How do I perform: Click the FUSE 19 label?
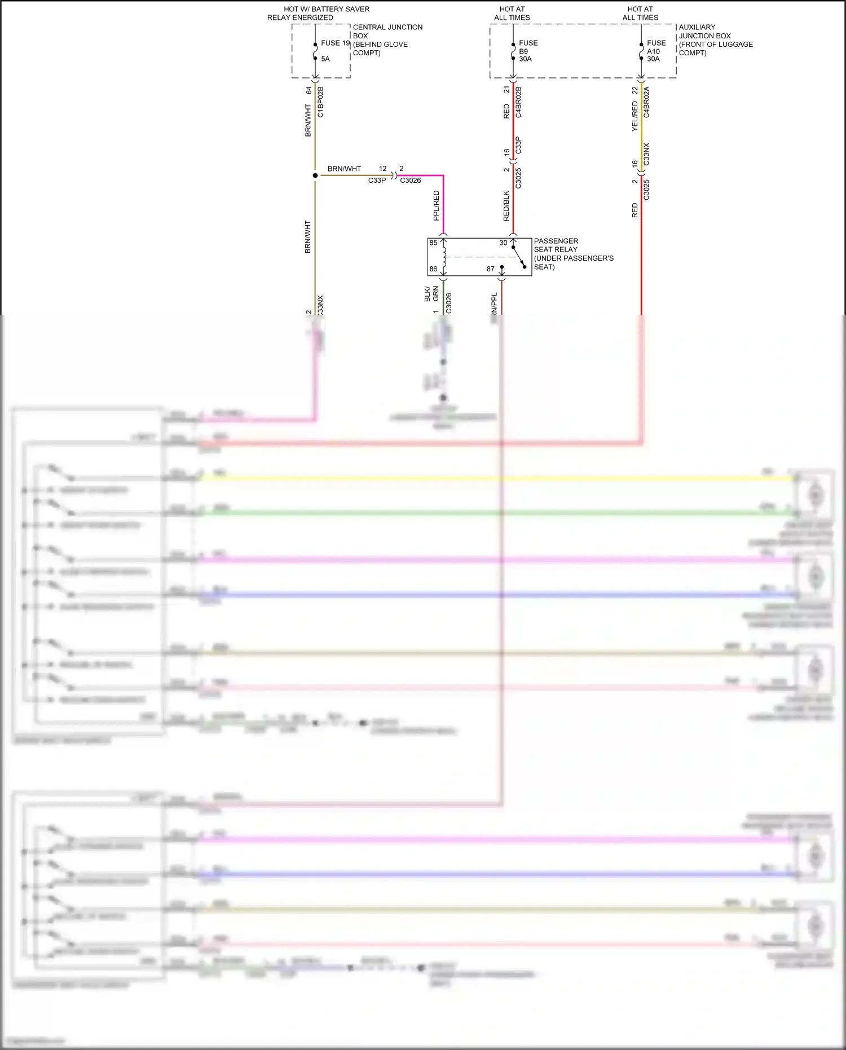pos(335,43)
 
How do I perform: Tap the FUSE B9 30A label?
pos(527,51)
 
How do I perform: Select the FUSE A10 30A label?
pos(656,51)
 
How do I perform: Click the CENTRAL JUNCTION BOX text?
pos(387,39)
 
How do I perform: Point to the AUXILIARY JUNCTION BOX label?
pos(715,39)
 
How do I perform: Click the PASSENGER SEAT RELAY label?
pos(573,253)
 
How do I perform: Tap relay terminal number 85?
pos(433,243)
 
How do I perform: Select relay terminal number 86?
pos(433,269)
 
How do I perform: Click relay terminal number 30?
pos(503,243)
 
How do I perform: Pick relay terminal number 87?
pos(491,269)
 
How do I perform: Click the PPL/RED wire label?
pos(436,205)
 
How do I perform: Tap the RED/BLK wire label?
pos(506,205)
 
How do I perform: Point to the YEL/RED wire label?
pos(634,117)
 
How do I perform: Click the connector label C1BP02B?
pos(320,102)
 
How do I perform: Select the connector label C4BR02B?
pos(518,102)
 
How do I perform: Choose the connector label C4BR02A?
pos(646,102)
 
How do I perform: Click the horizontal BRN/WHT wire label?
pos(344,169)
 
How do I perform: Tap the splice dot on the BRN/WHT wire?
pos(315,175)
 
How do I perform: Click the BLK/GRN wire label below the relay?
pos(431,294)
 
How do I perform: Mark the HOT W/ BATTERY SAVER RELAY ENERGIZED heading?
pos(318,13)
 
